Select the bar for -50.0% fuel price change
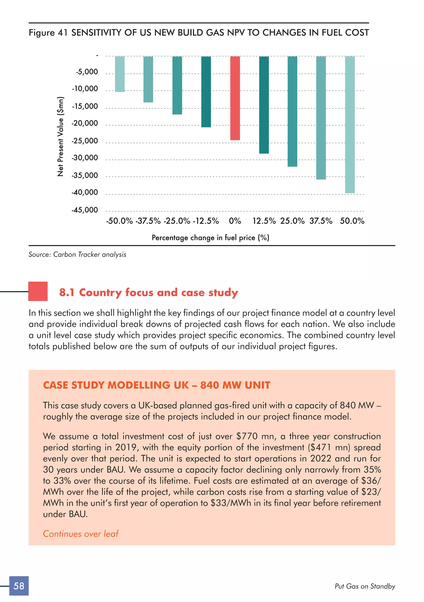pos(120,74)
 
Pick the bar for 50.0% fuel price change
pos(350,125)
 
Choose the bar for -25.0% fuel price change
pos(177,86)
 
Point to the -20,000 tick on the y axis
pos(85,123)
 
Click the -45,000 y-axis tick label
pos(85,210)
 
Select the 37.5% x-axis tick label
pos(321,221)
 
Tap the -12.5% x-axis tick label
pos(206,221)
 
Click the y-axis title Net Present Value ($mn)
pos(60,137)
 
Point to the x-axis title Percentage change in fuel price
pos(210,238)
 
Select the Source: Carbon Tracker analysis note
pos(77,254)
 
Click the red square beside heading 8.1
pos(38,291)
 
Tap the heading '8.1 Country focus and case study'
pos(149,292)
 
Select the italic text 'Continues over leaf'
pos(81,534)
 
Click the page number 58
pos(19,586)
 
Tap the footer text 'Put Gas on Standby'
pos(365,586)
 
